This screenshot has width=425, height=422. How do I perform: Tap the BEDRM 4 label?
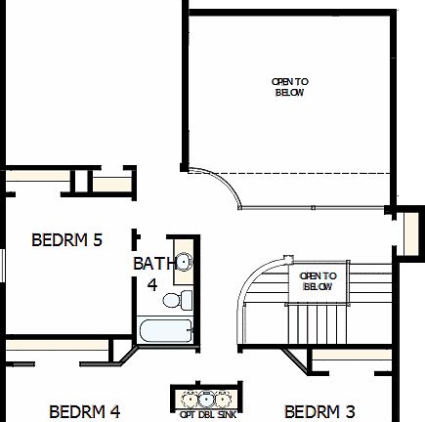84,411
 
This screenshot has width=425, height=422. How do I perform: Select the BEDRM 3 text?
319,411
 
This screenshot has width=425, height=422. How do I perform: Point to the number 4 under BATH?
152,284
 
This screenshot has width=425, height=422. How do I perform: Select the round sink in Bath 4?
182,262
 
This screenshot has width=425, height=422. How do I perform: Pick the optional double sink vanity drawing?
205,399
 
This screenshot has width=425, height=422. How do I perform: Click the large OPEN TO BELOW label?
289,86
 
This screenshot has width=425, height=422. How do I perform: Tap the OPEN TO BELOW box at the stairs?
317,281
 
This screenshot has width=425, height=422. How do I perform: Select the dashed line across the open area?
293,173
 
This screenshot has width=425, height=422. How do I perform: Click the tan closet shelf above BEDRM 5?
109,183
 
